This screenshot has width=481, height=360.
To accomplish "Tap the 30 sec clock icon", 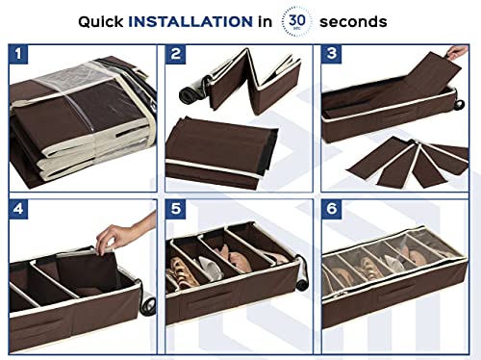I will point(297,20).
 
